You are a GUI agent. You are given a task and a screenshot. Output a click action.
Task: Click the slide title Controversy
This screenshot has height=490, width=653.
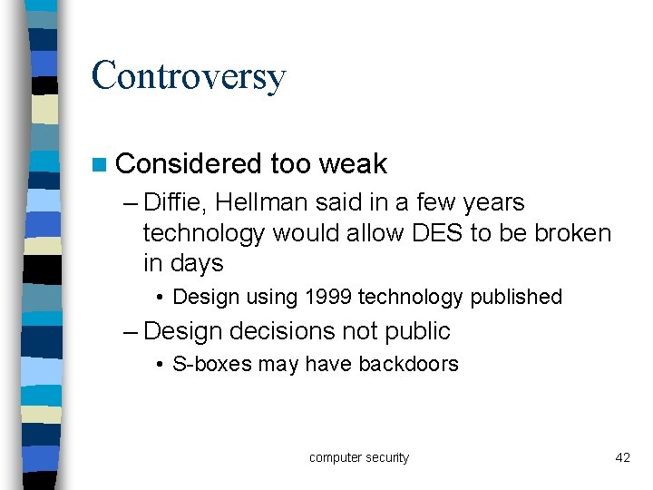pos(189,76)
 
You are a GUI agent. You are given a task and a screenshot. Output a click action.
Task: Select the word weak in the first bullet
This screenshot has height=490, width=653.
pos(353,163)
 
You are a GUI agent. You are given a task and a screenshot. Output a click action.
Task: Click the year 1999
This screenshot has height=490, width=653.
pos(326,297)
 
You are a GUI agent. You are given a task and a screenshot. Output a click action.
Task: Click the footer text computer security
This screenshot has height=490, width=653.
pos(359,457)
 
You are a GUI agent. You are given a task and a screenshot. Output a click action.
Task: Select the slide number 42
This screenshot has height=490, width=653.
pos(622,457)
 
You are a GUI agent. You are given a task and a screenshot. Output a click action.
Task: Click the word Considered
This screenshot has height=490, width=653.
pos(189,163)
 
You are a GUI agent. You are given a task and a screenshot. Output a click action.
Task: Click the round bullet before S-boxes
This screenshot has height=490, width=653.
pos(159,366)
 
